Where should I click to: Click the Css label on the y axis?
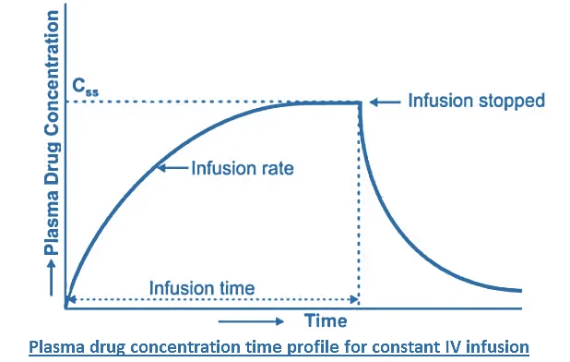(x=84, y=90)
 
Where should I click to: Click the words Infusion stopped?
(x=477, y=100)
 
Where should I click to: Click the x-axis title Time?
(x=326, y=321)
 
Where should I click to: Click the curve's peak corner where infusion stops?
(x=358, y=103)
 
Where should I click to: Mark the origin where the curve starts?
(x=66, y=302)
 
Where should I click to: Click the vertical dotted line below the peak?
(x=359, y=203)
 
